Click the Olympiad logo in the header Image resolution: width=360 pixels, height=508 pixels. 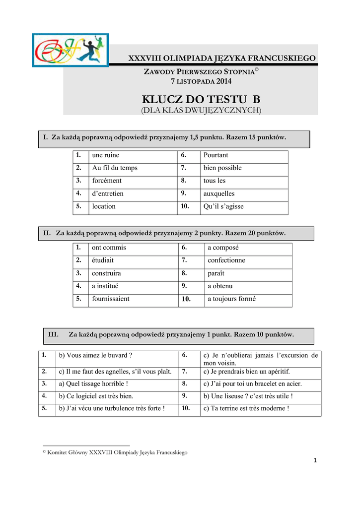click(70, 50)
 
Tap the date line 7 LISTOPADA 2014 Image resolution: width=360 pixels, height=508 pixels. click(201, 81)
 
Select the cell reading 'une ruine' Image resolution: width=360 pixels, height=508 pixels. click(106, 155)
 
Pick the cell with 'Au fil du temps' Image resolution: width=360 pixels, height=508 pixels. click(115, 168)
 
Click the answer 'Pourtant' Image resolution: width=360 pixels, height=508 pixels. click(216, 155)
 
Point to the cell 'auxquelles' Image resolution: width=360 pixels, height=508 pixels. click(219, 193)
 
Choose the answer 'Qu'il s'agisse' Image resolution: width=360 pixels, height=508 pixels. click(223, 206)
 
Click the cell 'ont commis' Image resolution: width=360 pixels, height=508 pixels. click(109, 248)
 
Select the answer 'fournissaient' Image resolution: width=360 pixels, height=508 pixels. click(111, 299)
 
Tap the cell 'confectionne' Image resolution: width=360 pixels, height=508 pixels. click(226, 260)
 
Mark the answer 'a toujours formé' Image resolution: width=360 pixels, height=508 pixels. click(231, 299)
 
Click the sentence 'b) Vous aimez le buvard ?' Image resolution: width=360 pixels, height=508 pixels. click(95, 355)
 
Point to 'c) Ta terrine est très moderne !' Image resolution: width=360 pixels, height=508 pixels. click(246, 408)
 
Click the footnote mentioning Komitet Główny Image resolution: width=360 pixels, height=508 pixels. click(115, 452)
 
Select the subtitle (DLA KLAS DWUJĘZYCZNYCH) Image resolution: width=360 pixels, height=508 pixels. click(201, 110)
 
